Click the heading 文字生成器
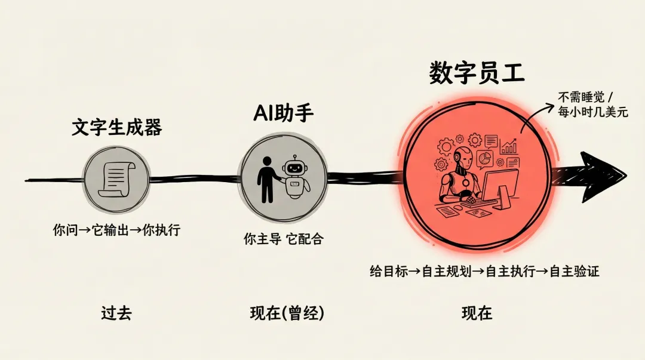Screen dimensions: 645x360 (116, 127)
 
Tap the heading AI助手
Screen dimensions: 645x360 (283, 112)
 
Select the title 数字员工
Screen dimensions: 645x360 (477, 73)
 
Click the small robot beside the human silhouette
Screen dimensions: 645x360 (295, 177)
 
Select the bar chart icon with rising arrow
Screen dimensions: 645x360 (509, 146)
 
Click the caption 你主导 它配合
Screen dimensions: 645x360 (283, 239)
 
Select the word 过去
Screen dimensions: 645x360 (116, 313)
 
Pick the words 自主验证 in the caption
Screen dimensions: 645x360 (574, 272)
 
